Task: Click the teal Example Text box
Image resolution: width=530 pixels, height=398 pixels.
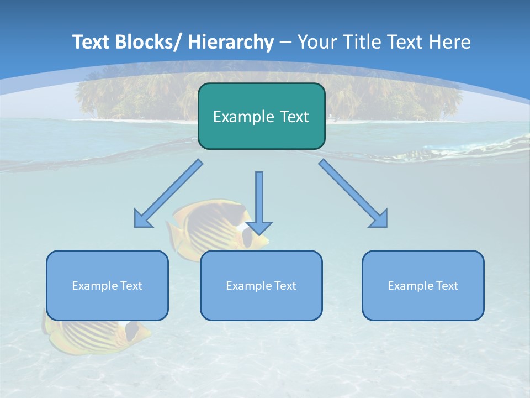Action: coord(261,116)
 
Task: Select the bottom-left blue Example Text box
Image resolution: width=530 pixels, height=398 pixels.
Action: coord(107,285)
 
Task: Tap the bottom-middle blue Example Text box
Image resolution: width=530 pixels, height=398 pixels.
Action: coord(261,285)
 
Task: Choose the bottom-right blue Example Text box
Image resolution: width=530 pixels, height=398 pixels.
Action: coord(423,285)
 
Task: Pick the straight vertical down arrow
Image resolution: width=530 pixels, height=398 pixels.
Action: coord(259,199)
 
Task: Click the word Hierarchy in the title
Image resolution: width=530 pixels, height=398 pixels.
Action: coord(231,42)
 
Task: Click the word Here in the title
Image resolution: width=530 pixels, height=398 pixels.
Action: coord(450,42)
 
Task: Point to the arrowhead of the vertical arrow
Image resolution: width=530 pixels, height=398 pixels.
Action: coord(259,227)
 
